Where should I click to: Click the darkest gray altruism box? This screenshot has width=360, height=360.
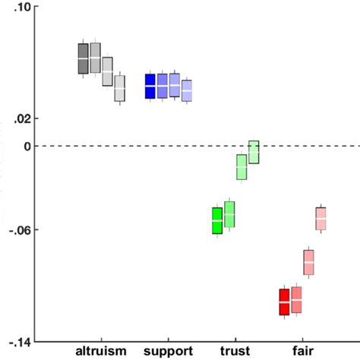83,59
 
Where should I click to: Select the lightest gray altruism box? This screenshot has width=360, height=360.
119,88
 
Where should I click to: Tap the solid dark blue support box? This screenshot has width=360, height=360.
150,87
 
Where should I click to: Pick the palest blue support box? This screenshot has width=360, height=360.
187,90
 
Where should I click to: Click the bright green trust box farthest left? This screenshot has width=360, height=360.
217,220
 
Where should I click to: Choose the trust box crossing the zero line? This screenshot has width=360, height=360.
254,152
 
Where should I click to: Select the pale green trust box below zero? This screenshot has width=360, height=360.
242,166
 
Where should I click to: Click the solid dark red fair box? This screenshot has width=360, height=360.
284,302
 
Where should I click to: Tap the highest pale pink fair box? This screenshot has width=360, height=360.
321,219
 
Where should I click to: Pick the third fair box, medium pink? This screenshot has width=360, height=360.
308,262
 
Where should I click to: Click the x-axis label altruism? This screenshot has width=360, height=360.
100,351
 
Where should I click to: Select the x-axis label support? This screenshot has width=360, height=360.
168,351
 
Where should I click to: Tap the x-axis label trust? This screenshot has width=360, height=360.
235,351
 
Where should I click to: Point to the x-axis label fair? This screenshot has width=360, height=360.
302,351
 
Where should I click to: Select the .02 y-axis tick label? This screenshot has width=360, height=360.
22,118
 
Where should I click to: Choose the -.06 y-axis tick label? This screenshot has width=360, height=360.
21,230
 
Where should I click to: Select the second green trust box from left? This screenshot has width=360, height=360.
229,214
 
